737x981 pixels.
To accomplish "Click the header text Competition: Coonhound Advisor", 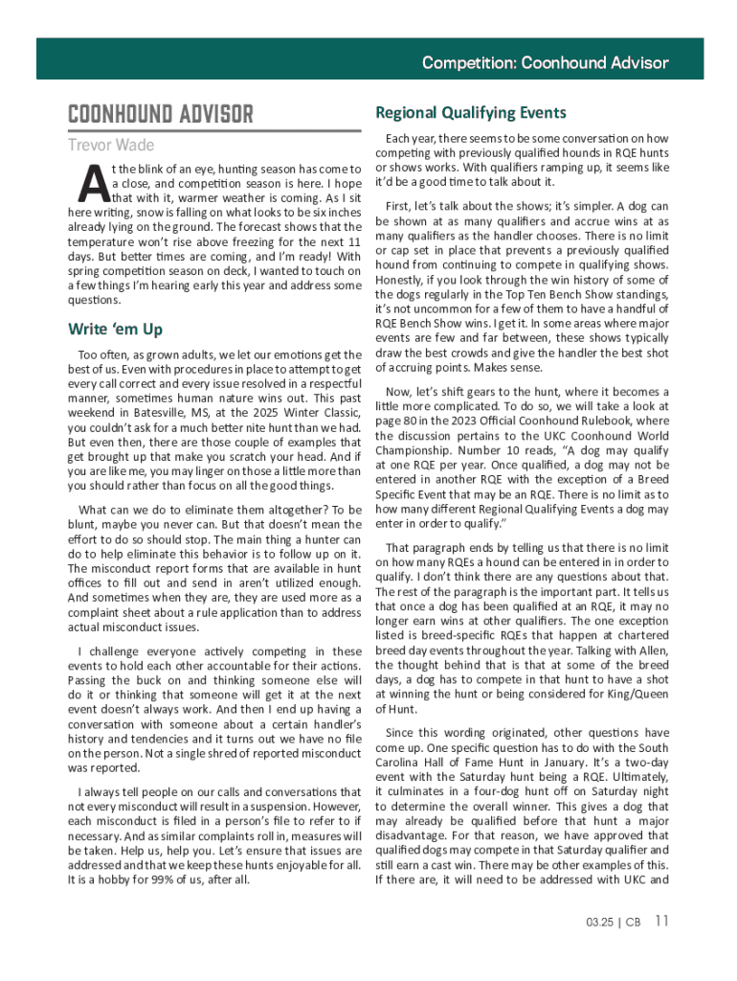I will [545, 63].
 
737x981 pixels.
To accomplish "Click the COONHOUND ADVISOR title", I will [160, 116].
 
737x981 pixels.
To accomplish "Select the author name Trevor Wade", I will [111, 146].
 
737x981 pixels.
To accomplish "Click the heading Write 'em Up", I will [115, 330].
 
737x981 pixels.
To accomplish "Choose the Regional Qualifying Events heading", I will [470, 113].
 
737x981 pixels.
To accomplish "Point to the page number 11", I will [661, 922].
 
